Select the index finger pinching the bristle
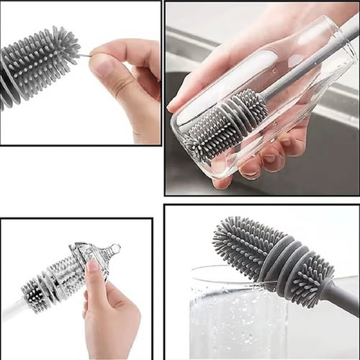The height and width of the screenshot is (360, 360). pyautogui.click(x=126, y=52)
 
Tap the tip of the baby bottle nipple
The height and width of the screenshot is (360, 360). pyautogui.click(x=116, y=248)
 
